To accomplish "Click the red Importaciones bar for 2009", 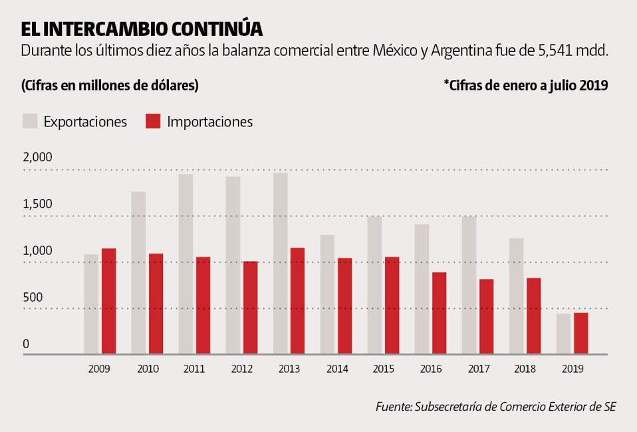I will click(x=108, y=301).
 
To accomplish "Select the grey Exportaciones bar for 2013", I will click(x=280, y=264).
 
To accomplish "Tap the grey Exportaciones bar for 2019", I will click(x=563, y=333).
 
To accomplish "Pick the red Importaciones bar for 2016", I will click(x=439, y=313).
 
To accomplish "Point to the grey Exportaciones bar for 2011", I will click(x=186, y=264).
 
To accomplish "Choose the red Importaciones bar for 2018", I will click(x=533, y=316).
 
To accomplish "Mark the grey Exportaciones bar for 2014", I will click(x=327, y=294).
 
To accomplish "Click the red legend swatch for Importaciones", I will click(x=153, y=121).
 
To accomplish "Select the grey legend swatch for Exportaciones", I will click(x=30, y=121).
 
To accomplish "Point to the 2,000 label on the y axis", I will click(x=37, y=158).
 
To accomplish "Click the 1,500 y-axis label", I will click(x=37, y=204).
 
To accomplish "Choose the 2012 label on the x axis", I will click(x=241, y=368).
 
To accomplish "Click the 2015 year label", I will click(x=383, y=368).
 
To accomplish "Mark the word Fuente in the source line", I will click(x=392, y=407).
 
